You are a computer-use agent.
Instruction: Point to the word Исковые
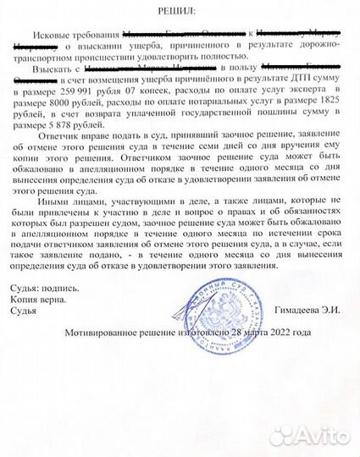tap(58, 33)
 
